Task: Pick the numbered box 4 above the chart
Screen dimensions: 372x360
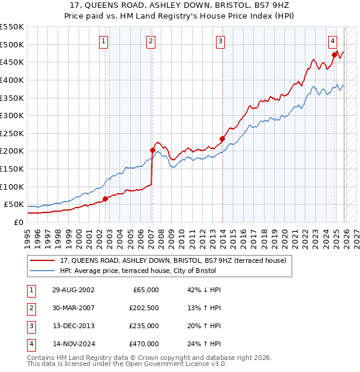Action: (x=332, y=41)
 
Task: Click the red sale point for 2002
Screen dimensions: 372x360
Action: (x=105, y=199)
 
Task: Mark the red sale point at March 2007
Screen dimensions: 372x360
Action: (x=152, y=150)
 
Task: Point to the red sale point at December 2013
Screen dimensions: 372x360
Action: (x=222, y=139)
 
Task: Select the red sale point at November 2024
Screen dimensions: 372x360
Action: (x=334, y=55)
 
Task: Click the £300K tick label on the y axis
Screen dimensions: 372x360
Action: (x=12, y=115)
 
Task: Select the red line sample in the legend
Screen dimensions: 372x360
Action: (x=43, y=260)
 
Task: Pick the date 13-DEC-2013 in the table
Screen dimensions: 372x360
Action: (x=73, y=327)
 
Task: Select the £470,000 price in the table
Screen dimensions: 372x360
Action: (x=145, y=344)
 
